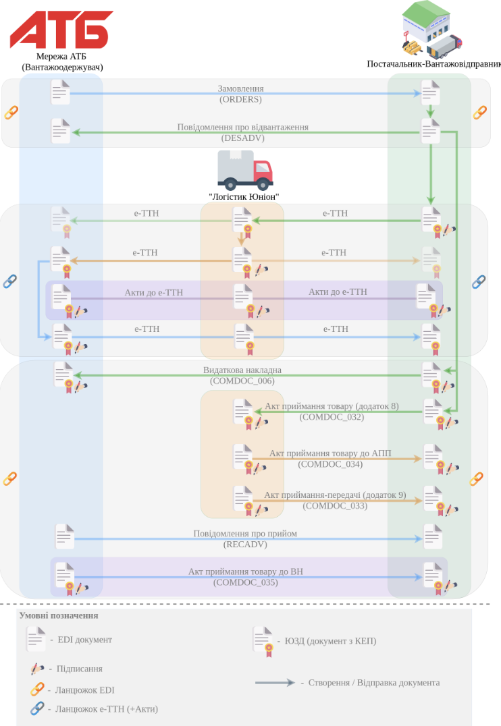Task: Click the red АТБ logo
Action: coord(61,30)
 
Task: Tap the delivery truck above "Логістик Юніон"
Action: coord(245,171)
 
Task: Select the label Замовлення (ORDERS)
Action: coord(240,94)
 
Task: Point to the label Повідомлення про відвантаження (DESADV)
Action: coord(243,132)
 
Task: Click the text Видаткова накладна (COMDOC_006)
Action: coord(242,376)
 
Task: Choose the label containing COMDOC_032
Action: coord(332,412)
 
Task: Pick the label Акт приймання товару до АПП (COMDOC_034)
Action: coord(330,459)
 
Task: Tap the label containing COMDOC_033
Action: coord(335,501)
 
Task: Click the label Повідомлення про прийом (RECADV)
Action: coord(245,539)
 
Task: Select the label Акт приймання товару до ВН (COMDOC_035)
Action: coord(246,577)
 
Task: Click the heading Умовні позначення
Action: coord(59,615)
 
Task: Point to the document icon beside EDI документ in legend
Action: coord(36,639)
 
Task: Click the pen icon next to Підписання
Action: coord(37,669)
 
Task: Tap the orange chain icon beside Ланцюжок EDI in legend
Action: coord(37,690)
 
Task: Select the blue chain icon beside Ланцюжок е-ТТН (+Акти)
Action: coord(37,708)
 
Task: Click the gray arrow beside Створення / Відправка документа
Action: coord(275,682)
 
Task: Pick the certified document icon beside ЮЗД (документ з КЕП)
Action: coord(263,641)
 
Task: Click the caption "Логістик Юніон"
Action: coord(244,197)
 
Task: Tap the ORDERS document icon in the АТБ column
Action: coord(60,92)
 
